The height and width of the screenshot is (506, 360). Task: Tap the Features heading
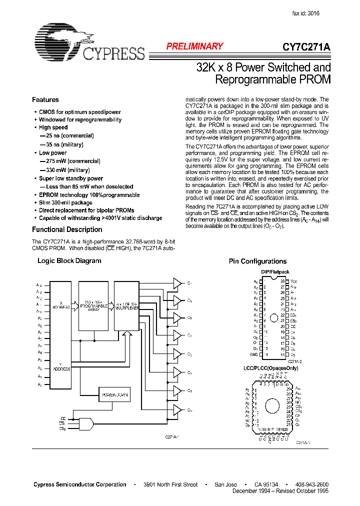(x=45, y=99)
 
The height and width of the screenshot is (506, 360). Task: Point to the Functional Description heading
(x=67, y=229)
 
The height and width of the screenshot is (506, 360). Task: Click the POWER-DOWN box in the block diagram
(x=115, y=395)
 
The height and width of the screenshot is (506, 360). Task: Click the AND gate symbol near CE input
(x=86, y=424)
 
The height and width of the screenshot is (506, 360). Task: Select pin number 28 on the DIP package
(x=282, y=281)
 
